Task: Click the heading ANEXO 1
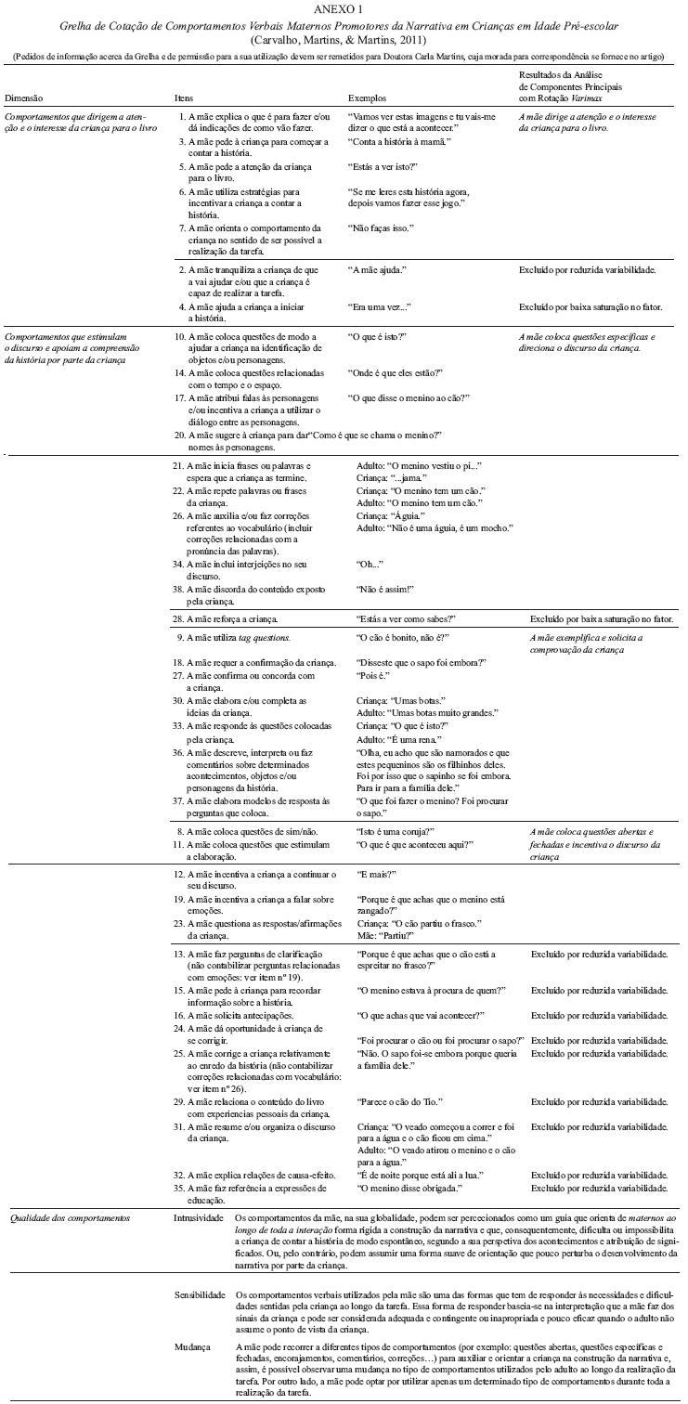coord(344,8)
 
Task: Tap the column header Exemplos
coord(369,97)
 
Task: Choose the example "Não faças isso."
coord(381,227)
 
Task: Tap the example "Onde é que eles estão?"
coord(395,372)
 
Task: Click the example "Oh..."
coord(370,564)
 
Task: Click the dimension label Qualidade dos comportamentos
coord(68,1216)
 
